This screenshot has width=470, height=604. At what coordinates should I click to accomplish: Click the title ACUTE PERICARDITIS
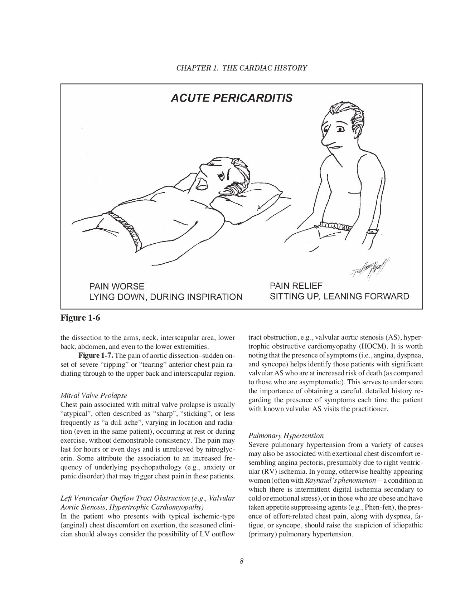231,98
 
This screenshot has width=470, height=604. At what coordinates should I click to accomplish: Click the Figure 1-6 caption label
80,318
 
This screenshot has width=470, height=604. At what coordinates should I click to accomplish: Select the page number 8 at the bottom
242,561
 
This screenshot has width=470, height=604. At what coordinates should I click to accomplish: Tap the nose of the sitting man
326,143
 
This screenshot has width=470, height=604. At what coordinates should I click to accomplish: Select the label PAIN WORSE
117,287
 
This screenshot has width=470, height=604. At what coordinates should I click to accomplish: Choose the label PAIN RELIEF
296,286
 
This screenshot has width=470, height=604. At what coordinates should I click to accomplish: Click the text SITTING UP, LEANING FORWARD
339,297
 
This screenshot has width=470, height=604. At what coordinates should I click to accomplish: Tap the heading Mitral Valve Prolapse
94,396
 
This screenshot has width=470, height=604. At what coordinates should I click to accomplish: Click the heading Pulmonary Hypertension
286,435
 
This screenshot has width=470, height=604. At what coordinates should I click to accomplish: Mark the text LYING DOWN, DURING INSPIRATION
166,297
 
